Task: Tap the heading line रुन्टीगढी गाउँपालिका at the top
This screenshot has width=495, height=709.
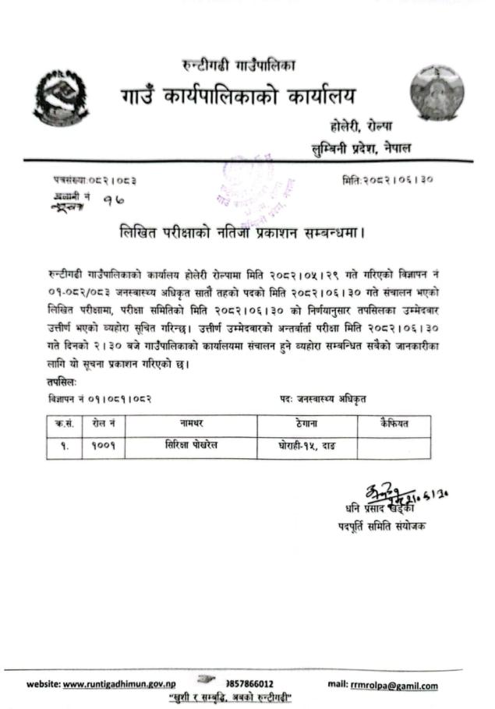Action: pos(237,65)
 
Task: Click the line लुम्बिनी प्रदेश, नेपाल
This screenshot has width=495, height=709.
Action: pos(362,147)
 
